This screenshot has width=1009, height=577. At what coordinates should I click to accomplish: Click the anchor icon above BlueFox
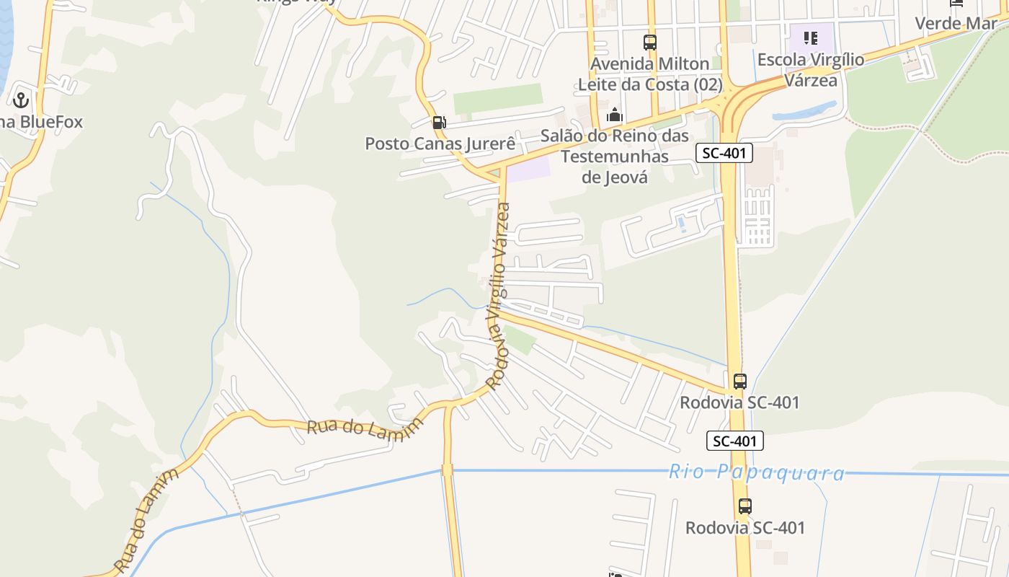point(20,100)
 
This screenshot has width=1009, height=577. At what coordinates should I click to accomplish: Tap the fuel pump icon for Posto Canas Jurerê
point(439,123)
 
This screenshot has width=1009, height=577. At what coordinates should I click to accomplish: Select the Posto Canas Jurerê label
point(440,144)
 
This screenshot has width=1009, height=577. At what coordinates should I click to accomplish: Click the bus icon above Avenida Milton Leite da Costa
point(650,43)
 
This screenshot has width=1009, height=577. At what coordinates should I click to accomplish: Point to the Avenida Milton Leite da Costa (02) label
point(650,74)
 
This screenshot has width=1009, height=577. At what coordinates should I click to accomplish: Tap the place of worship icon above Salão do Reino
point(614,115)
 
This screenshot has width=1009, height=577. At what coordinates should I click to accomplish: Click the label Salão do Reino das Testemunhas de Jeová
point(615,157)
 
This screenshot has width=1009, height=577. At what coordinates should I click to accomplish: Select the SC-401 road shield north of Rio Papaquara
point(724,152)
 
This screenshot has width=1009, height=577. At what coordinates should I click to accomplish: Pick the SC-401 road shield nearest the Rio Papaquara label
point(734,441)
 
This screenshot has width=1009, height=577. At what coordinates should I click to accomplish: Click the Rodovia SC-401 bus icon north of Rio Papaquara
point(739,381)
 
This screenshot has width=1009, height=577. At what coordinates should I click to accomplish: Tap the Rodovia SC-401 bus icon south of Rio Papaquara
point(744,506)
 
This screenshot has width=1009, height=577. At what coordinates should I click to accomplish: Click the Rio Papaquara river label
point(757,473)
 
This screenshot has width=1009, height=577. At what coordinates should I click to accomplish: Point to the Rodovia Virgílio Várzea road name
point(499,296)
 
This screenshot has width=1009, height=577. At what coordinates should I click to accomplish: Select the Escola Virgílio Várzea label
point(811,70)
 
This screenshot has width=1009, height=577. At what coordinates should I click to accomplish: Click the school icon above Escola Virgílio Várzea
point(811,38)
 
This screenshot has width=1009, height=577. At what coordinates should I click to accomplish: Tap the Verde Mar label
point(956,23)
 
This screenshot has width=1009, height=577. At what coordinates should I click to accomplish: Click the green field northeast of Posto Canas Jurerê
point(497,99)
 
